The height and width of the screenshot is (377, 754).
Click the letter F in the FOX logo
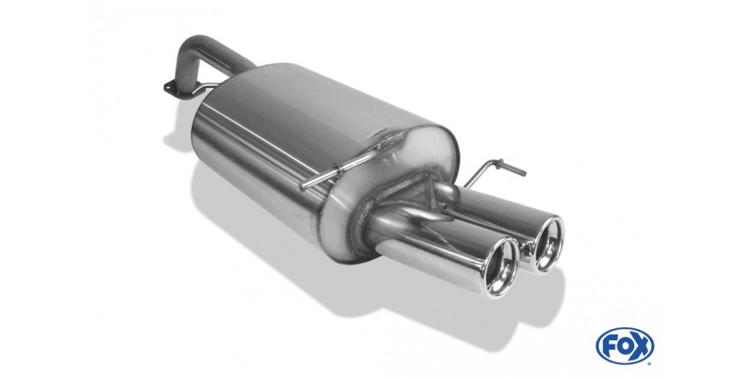tap(610, 346)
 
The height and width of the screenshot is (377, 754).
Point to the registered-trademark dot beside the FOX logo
tap(649, 362)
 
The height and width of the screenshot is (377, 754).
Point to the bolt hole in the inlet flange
tap(168, 87)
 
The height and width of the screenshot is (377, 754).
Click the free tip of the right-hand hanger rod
tap(524, 172)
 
